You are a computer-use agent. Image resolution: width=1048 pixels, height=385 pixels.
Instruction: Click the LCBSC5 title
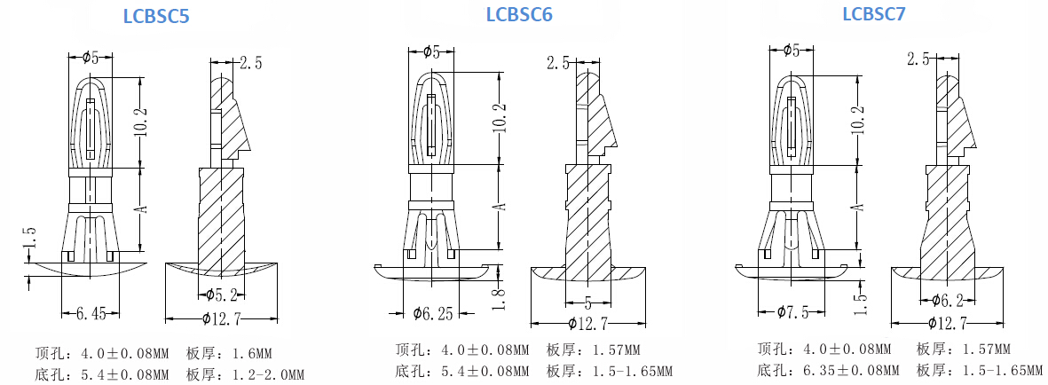point(156,17)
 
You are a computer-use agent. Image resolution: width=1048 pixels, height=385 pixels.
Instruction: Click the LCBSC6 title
point(519,14)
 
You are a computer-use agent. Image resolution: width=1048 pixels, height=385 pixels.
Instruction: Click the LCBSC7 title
point(873,14)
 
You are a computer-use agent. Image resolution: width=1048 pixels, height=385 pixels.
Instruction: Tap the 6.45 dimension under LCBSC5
point(91,313)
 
